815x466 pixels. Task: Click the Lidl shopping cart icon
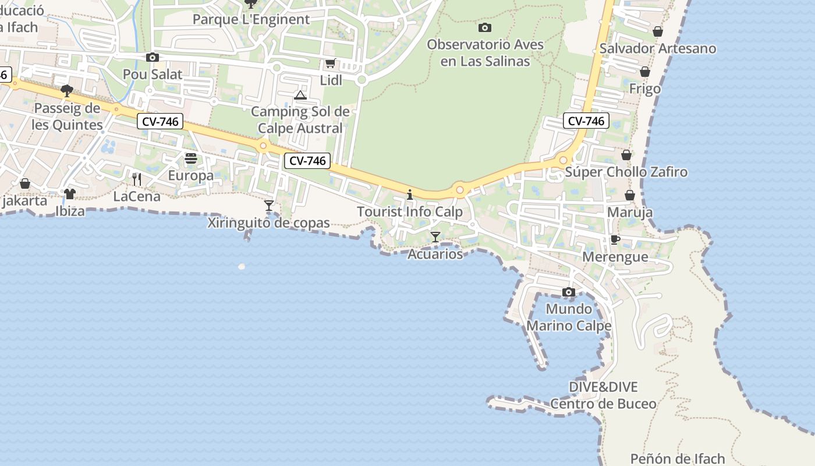tap(330, 63)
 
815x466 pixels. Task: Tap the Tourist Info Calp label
tap(409, 211)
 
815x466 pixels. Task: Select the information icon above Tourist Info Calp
tap(410, 194)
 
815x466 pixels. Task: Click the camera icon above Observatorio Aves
tap(484, 27)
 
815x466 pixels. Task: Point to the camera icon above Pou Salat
tap(153, 57)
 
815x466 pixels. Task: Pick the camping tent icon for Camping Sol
tap(300, 95)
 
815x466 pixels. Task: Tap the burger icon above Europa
tap(190, 158)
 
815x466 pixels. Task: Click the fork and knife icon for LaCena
tap(137, 179)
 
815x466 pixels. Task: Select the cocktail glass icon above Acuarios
tap(435, 236)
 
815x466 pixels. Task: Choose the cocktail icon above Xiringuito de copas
tap(268, 205)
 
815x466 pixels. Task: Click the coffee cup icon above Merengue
tap(615, 239)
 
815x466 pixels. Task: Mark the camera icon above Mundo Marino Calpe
tap(569, 292)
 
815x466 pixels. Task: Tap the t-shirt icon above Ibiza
tap(70, 193)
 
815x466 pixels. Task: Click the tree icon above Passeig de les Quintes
tap(67, 91)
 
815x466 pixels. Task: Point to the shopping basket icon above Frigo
tap(645, 72)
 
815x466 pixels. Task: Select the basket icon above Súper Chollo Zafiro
tap(626, 155)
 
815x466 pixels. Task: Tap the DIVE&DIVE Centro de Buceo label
tap(603, 395)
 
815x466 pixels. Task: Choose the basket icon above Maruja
tap(630, 195)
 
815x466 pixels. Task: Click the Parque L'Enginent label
tap(251, 19)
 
